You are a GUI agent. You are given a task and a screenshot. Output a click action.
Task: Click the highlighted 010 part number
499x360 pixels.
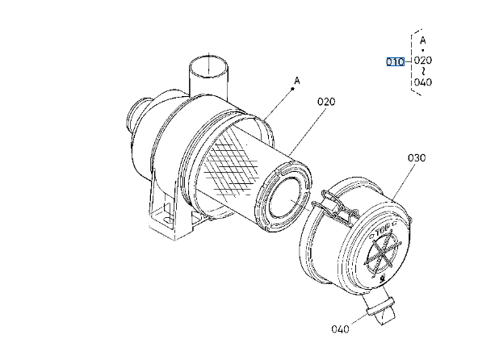[x=395, y=61]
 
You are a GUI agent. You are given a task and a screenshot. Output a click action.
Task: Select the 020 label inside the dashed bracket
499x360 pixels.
[x=423, y=61]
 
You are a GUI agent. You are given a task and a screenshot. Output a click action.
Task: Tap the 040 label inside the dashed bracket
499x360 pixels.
[x=423, y=82]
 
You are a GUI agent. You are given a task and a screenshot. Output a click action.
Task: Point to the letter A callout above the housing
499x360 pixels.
[x=297, y=81]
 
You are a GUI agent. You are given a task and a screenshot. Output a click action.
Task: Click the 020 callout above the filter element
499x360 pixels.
[x=325, y=102]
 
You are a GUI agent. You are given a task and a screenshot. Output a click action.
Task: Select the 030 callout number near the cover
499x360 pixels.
[x=416, y=157]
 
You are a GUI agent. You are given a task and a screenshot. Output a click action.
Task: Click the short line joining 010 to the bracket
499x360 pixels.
[x=409, y=61]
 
